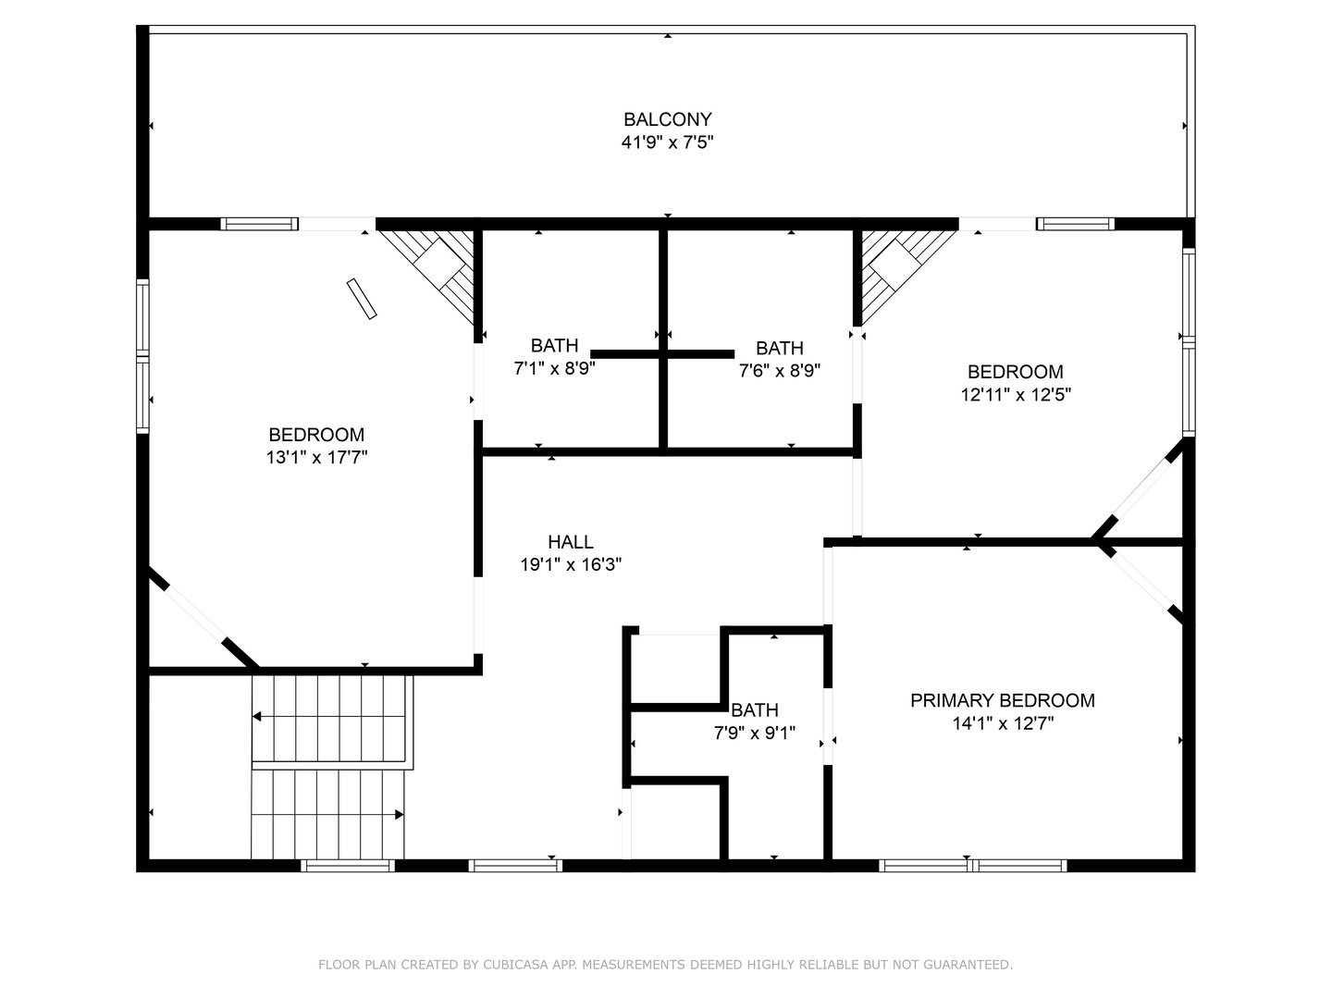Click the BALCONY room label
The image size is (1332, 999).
tap(667, 119)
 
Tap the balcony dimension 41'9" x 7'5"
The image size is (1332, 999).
tap(667, 142)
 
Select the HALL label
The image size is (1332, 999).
tap(571, 542)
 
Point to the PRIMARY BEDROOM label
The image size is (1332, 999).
tap(1003, 700)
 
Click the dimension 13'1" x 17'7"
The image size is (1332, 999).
tap(316, 457)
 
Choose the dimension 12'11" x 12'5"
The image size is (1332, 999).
tap(1016, 395)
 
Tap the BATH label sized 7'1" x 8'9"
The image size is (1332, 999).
tap(554, 346)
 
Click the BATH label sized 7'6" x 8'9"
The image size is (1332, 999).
tap(779, 348)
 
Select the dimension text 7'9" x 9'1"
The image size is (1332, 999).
tap(754, 734)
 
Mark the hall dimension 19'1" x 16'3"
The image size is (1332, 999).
tap(571, 564)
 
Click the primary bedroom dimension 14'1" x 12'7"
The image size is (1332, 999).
tap(1003, 723)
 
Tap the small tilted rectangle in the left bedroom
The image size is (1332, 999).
tap(362, 299)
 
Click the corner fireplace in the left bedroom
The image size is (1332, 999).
tap(433, 272)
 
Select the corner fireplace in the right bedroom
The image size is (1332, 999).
tap(903, 272)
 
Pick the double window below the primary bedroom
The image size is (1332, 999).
tap(973, 866)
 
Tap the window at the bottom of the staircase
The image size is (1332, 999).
tap(348, 866)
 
